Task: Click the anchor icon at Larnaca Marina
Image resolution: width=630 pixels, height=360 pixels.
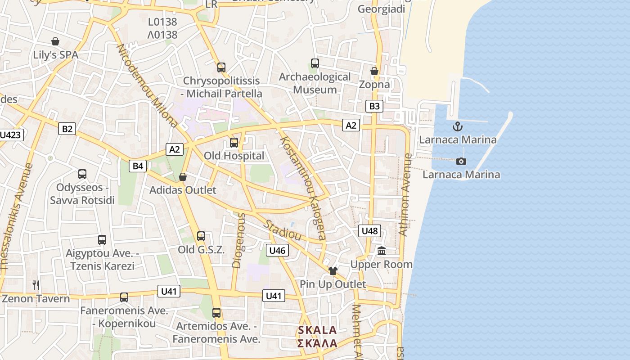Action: point(458,126)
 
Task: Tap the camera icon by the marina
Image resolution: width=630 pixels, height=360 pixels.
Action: point(461,161)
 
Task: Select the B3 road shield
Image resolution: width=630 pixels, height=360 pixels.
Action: point(374,106)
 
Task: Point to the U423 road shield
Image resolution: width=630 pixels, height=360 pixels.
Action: point(11,135)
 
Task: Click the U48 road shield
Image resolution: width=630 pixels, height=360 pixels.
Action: point(370,231)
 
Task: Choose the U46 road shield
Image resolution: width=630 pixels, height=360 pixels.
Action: point(277,250)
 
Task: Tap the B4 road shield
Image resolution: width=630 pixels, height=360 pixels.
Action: point(138,166)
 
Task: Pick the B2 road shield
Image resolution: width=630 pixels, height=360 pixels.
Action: point(67,129)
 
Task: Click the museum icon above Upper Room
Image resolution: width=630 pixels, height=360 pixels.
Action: point(382,251)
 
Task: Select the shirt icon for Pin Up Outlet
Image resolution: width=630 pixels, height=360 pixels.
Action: point(333,270)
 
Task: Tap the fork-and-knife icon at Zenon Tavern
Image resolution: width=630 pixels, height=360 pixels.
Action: point(36,285)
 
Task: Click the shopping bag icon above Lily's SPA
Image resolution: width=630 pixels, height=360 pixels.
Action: point(55,42)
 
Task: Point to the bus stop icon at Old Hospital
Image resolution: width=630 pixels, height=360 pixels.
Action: point(234,143)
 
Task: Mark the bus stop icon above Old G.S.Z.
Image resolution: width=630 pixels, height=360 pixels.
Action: point(201,236)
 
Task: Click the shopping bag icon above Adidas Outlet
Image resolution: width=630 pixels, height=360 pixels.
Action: point(183,177)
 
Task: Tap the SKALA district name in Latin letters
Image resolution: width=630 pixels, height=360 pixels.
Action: point(317,330)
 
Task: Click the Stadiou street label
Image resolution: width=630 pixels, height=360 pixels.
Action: point(282,230)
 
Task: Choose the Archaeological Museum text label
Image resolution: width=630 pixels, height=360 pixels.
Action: point(315,83)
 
